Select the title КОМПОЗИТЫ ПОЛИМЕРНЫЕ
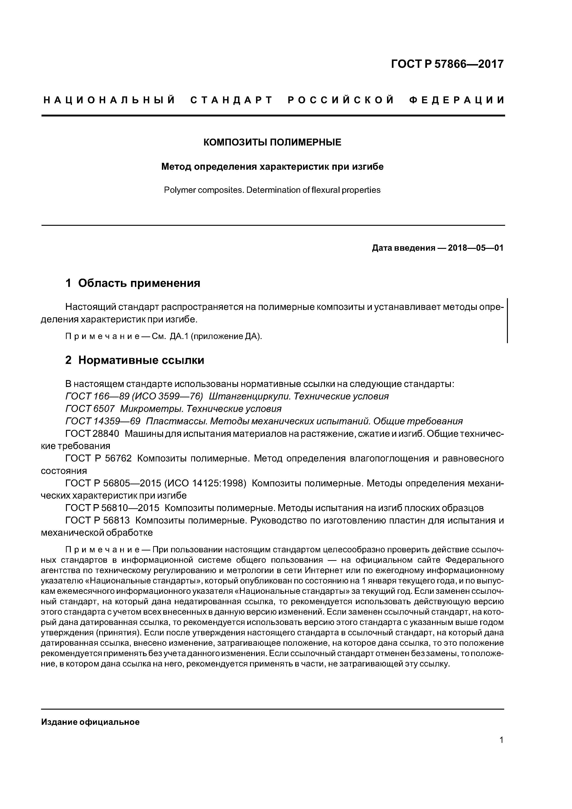(272, 142)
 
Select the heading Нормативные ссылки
(141, 360)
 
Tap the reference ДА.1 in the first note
(179, 336)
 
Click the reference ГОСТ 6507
(90, 409)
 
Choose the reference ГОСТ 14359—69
(103, 421)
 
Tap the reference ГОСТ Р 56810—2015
(112, 508)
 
